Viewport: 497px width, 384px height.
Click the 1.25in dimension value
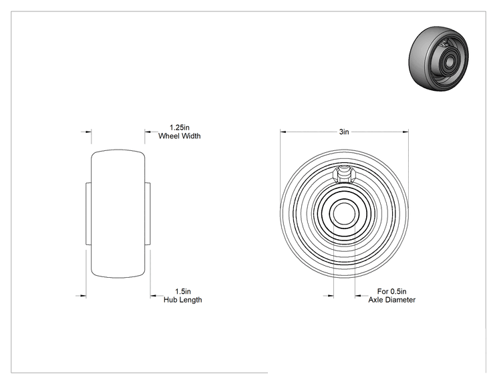point(180,128)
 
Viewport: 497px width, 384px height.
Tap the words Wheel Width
point(180,136)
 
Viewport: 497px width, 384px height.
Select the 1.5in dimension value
point(183,291)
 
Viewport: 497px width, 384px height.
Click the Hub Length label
point(183,300)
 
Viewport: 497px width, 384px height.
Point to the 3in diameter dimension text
point(344,132)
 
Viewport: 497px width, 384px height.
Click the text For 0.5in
point(391,291)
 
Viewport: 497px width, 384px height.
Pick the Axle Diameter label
point(391,300)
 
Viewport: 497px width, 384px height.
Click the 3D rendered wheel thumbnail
point(439,58)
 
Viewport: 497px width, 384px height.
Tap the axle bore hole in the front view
point(344,213)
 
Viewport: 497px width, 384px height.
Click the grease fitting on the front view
point(344,174)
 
